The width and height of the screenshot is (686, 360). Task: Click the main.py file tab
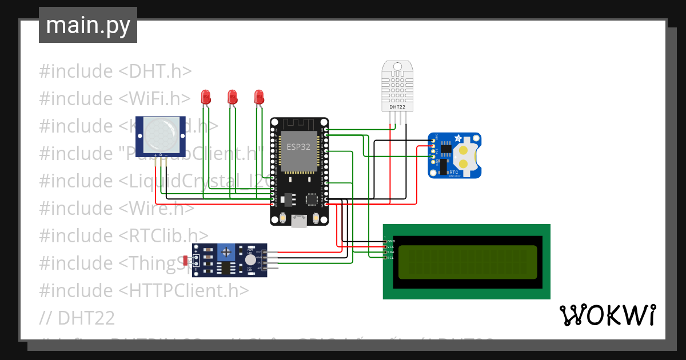pyautogui.click(x=87, y=25)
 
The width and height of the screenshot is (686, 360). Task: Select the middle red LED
pyautogui.click(x=233, y=97)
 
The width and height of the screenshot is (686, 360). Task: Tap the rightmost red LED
pyautogui.click(x=259, y=97)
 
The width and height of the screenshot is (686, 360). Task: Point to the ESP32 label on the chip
pyautogui.click(x=298, y=147)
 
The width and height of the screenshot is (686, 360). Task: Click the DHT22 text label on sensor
pyautogui.click(x=397, y=106)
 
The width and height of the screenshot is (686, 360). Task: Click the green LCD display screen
pyautogui.click(x=468, y=262)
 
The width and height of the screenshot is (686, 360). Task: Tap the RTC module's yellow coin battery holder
pyautogui.click(x=466, y=157)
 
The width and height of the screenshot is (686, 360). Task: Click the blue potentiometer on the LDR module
pyautogui.click(x=228, y=251)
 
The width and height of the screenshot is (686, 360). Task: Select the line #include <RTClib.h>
pyautogui.click(x=123, y=235)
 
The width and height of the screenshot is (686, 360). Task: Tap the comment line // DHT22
pyautogui.click(x=77, y=318)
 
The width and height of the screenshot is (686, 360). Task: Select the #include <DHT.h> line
pyautogui.click(x=115, y=71)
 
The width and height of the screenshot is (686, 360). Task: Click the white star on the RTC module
pyautogui.click(x=458, y=139)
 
